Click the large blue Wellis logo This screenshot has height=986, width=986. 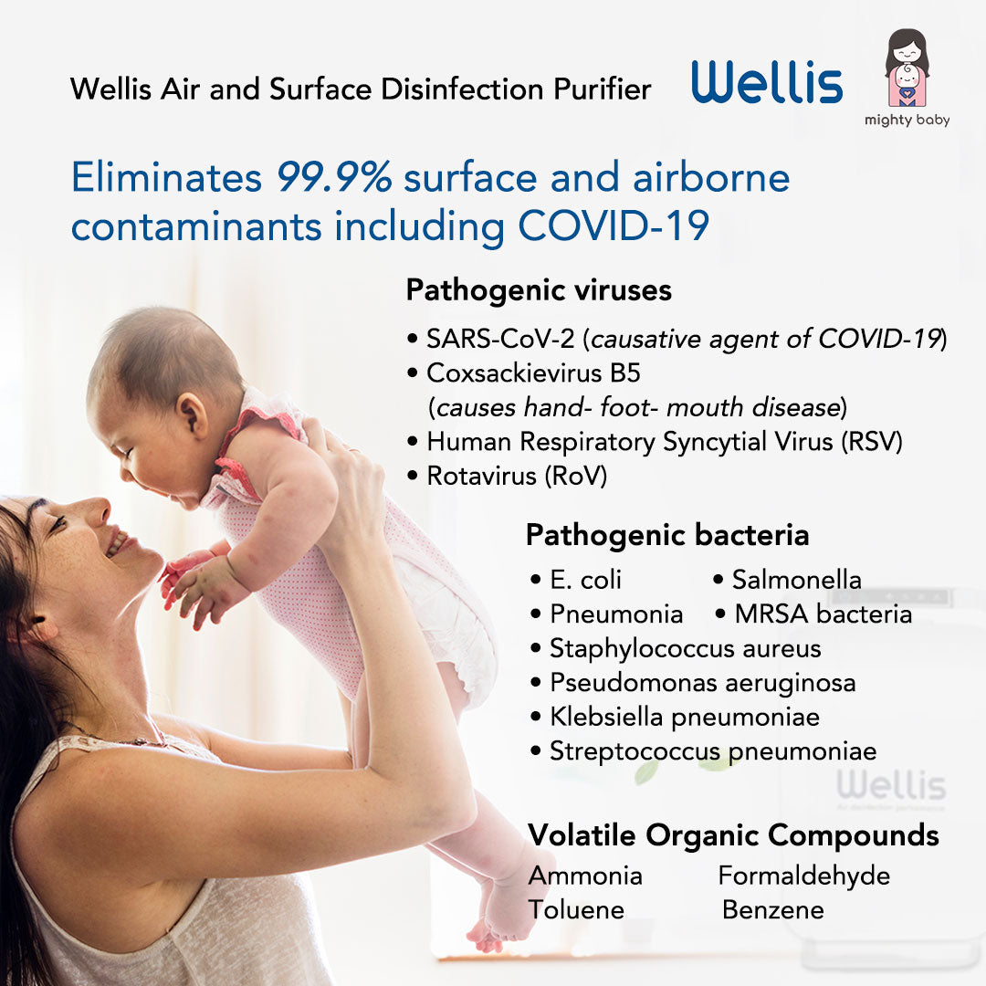[767, 82]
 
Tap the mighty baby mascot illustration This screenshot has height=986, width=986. [907, 68]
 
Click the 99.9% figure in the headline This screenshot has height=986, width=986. [334, 177]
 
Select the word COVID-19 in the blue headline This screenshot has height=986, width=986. [614, 226]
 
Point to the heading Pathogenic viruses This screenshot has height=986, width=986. [539, 290]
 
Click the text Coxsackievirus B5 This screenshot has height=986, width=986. [533, 372]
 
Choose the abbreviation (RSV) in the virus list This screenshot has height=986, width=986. [872, 442]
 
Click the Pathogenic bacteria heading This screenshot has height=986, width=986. [667, 535]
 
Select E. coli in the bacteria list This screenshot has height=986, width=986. [585, 580]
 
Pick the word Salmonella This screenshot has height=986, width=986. [797, 580]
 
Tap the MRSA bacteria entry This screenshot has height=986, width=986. [823, 614]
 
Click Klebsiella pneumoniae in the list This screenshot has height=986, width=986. [685, 718]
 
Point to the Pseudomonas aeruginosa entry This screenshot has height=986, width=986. [703, 684]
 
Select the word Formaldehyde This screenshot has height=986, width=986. [804, 876]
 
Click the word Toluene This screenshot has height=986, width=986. [576, 910]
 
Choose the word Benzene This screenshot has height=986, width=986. [773, 910]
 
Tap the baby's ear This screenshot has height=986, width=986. [192, 415]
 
